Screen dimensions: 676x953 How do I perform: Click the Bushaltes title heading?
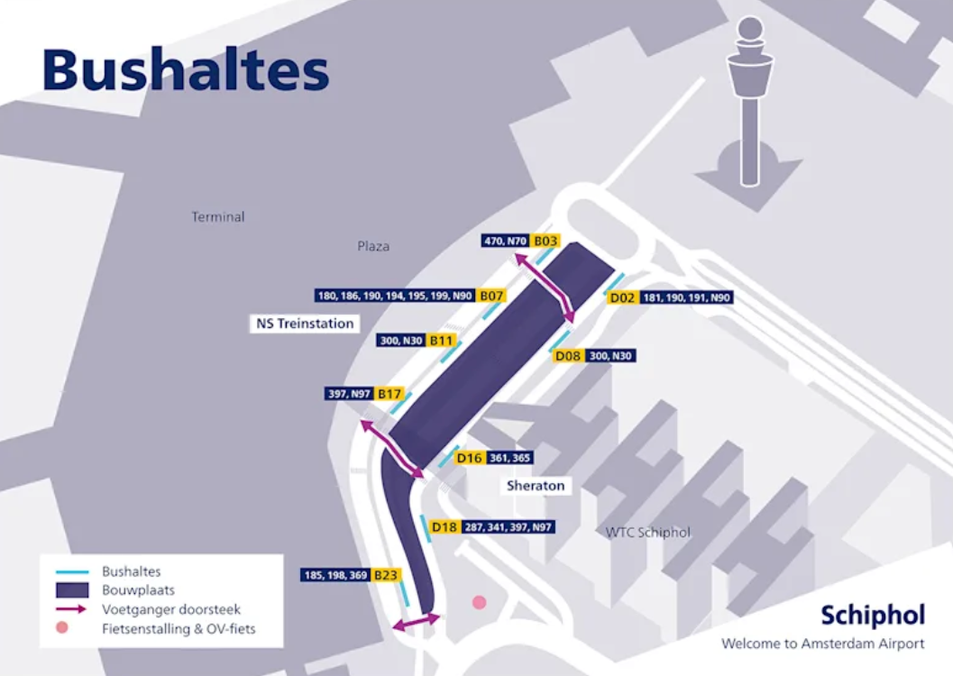tap(186, 69)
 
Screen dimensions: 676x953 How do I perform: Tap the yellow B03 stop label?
tap(545, 241)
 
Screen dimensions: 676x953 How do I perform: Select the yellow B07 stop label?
tap(491, 296)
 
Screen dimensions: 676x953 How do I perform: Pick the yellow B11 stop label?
tap(442, 341)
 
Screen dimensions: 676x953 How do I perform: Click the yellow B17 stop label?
tap(389, 394)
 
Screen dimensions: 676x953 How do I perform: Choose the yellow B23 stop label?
tap(386, 574)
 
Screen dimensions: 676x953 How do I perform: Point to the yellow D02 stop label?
tap(623, 297)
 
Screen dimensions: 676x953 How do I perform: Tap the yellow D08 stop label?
tap(568, 356)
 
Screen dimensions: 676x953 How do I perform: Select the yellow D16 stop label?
tap(469, 458)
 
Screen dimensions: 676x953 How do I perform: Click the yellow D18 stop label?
tap(444, 526)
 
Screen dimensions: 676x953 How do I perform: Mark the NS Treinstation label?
tap(304, 323)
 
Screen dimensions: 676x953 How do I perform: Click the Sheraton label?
tap(536, 486)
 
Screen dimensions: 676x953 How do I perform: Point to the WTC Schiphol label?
tap(647, 532)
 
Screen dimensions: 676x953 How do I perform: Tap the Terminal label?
tap(217, 217)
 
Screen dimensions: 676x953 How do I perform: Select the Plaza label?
tap(373, 245)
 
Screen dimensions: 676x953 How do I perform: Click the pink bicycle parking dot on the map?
tap(479, 602)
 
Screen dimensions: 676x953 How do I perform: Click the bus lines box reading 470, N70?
tap(505, 241)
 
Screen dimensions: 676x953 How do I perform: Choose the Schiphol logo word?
tap(872, 616)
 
